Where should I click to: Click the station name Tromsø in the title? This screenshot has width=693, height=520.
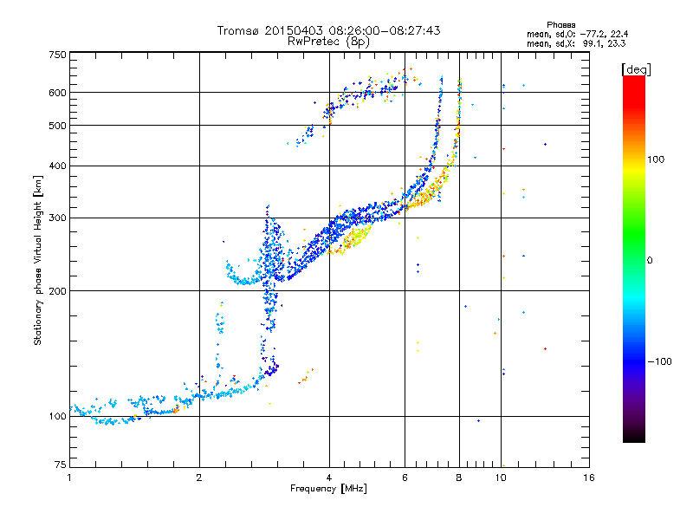click(x=239, y=30)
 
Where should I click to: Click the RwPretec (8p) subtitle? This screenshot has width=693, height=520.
click(x=328, y=42)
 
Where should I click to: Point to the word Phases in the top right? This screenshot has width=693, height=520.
click(x=560, y=25)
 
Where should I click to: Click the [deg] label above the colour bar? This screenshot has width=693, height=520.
click(x=636, y=69)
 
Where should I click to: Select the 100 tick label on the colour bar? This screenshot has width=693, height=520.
click(x=656, y=159)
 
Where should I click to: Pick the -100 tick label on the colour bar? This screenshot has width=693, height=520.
click(x=660, y=361)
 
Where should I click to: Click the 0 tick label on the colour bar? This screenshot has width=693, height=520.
click(x=650, y=261)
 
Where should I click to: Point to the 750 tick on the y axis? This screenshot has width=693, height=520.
click(x=58, y=55)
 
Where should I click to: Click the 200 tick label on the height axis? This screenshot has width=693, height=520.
click(x=57, y=291)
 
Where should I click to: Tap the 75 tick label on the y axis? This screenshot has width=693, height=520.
click(x=61, y=465)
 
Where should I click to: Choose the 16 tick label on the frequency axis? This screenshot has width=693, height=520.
click(x=589, y=478)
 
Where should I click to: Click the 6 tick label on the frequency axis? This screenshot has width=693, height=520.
click(x=405, y=478)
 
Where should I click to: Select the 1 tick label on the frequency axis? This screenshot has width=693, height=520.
click(x=69, y=478)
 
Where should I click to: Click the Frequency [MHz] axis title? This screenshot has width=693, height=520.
click(x=328, y=489)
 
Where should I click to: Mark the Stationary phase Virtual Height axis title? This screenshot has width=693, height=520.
click(x=38, y=260)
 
